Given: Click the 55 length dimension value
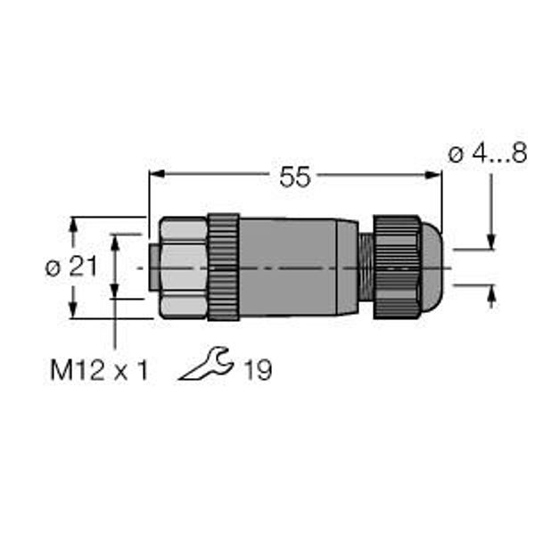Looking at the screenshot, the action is click(295, 177).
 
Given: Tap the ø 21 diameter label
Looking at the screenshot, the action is click(71, 266).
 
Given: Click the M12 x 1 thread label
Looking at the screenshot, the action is click(99, 370).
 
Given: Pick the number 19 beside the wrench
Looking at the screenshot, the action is click(258, 370).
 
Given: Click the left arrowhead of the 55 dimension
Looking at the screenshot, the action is click(157, 174).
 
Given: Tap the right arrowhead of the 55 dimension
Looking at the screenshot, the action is click(433, 175).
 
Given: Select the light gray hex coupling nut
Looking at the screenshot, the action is click(183, 267).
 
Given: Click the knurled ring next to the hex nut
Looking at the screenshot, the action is click(224, 267).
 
